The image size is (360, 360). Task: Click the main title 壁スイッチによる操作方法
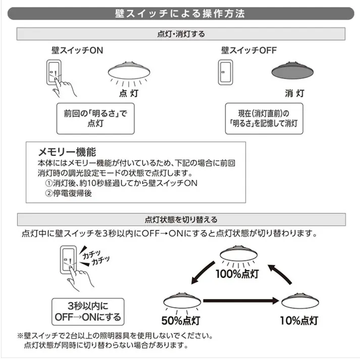click(180, 13)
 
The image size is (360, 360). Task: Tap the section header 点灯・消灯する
click(180, 34)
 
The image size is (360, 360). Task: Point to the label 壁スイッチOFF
click(249, 51)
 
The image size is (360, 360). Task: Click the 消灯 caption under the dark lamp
click(294, 93)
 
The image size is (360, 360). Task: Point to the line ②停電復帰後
click(68, 193)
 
